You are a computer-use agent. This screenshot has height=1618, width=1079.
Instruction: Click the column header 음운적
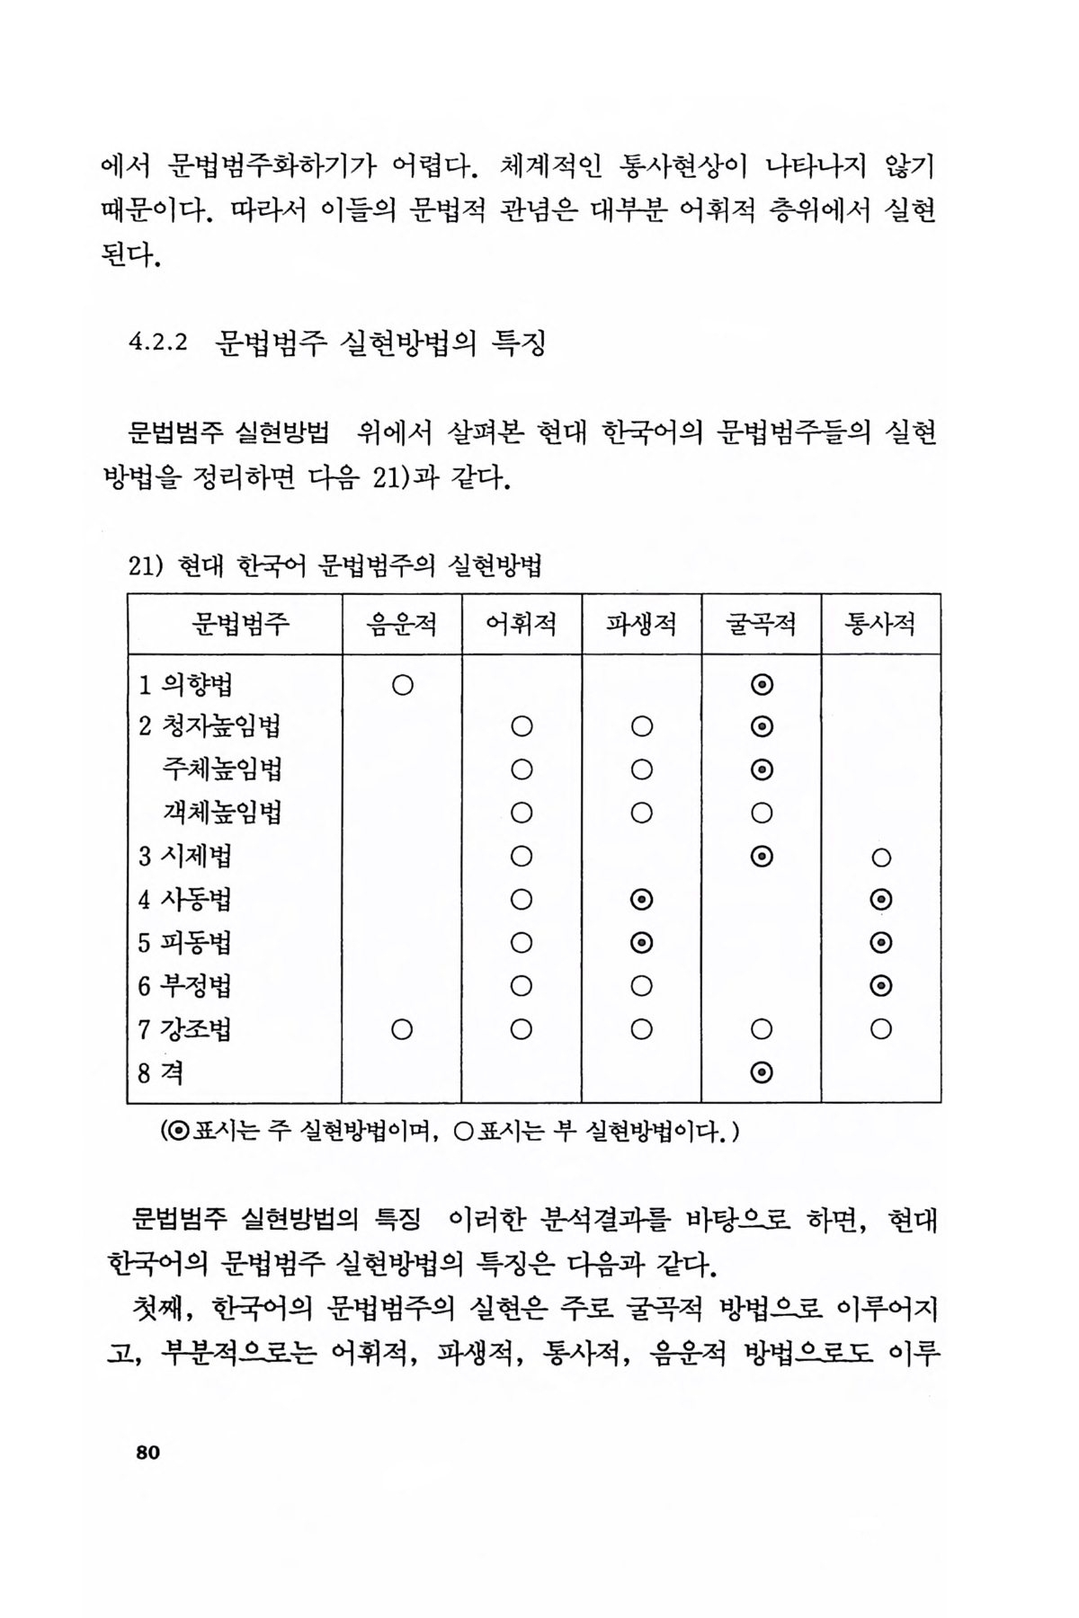coord(402,624)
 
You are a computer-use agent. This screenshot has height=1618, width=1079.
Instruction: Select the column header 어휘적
coord(522,624)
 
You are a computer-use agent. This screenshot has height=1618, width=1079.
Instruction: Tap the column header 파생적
coord(641,624)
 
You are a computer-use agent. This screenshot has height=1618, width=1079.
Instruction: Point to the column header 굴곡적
coord(761,624)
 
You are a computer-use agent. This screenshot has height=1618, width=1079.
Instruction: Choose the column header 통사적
coord(881,624)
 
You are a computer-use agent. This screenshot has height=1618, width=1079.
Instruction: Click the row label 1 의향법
coord(185,685)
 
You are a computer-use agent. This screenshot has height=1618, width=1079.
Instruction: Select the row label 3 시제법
coord(185,856)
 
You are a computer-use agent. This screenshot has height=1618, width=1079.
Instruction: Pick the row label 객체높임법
coord(222,813)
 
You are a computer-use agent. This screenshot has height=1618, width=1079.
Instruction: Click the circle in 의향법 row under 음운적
coord(402,685)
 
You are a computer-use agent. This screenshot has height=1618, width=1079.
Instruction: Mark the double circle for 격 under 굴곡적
coord(762,1072)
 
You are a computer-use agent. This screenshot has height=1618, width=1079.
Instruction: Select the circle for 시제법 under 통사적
coord(881,858)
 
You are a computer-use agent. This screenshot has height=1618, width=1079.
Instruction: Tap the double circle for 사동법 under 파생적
coord(641,900)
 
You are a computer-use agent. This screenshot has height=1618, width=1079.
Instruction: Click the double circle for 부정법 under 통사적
coord(881,986)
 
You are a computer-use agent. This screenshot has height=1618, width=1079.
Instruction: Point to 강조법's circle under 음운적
coord(402,1029)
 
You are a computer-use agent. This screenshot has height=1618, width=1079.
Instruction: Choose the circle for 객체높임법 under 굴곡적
coord(762,813)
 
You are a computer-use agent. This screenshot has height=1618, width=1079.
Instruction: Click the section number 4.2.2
coord(158,342)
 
